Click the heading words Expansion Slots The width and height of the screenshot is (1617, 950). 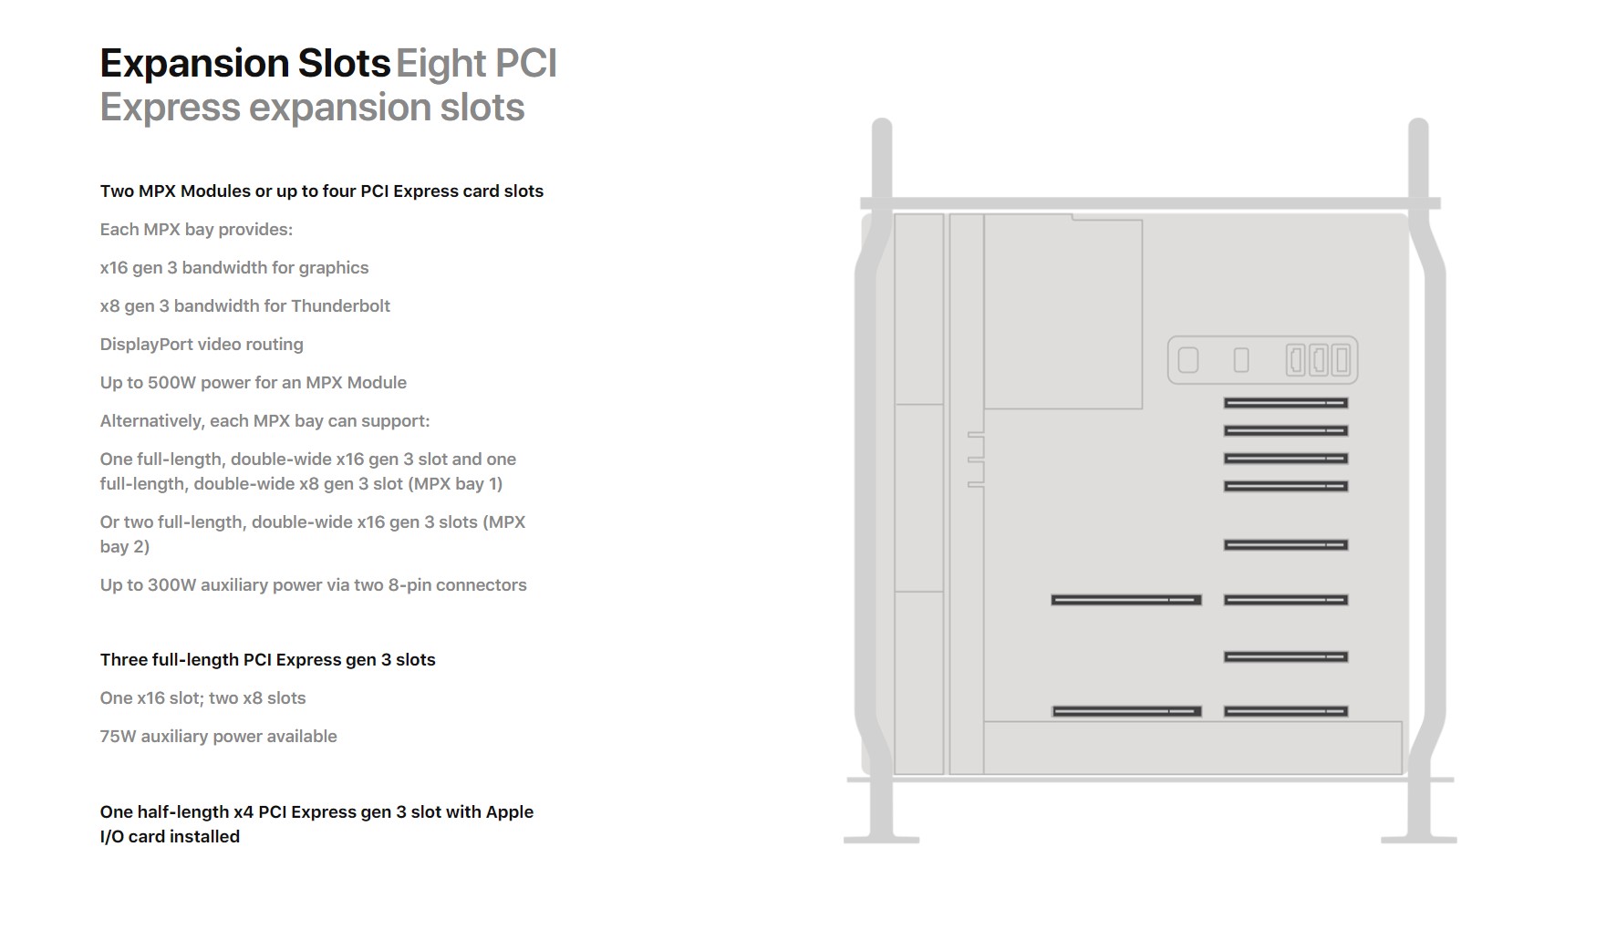(245, 64)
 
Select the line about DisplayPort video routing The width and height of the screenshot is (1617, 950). (202, 345)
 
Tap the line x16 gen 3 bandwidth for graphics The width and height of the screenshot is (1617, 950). (234, 268)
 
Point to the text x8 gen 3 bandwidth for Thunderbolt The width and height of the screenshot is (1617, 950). (245, 306)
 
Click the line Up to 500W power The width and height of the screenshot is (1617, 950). (254, 383)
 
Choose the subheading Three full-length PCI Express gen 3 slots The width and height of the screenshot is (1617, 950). (268, 660)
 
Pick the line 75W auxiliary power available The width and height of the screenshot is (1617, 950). (219, 737)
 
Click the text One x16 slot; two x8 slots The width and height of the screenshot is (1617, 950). (203, 698)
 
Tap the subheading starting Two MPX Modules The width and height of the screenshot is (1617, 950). (322, 191)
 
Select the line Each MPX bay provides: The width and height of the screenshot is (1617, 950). (197, 230)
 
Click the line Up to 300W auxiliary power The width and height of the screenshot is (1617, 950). (314, 585)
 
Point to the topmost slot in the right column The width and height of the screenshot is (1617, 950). (1286, 403)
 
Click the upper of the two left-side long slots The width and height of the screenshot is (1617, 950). (1126, 600)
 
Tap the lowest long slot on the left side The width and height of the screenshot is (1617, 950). (1126, 711)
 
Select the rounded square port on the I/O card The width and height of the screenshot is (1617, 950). (1188, 360)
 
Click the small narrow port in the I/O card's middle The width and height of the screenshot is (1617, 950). (1241, 360)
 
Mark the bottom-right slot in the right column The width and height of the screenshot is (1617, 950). (1286, 711)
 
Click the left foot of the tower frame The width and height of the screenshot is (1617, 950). (881, 839)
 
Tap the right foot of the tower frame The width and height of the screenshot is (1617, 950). (1418, 839)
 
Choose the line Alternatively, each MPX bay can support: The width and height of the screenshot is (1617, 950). (265, 421)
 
